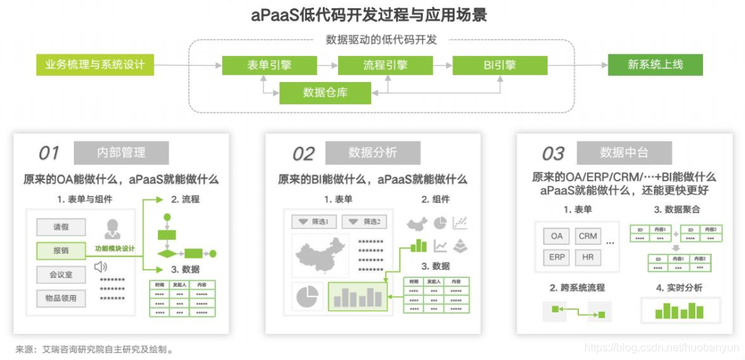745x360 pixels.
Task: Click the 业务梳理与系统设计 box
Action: pyautogui.click(x=95, y=65)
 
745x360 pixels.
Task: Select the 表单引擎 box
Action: pyautogui.click(x=269, y=66)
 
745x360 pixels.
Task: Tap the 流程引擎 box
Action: pyautogui.click(x=385, y=66)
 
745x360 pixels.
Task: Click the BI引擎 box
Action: pyautogui.click(x=500, y=66)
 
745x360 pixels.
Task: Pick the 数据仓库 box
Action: pyautogui.click(x=325, y=92)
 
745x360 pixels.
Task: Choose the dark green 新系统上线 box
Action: pyautogui.click(x=655, y=65)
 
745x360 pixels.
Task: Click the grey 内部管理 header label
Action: pyautogui.click(x=121, y=152)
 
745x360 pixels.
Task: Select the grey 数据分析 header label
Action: pyautogui.click(x=372, y=152)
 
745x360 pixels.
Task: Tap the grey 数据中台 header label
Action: pyautogui.click(x=624, y=152)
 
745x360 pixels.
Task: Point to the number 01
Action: pyautogui.click(x=49, y=152)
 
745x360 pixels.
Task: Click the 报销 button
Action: pyautogui.click(x=61, y=250)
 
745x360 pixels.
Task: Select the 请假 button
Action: pyautogui.click(x=61, y=227)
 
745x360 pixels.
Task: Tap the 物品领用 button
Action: pyautogui.click(x=61, y=299)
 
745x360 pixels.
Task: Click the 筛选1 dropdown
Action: pyautogui.click(x=314, y=222)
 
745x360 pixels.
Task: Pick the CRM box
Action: pyautogui.click(x=588, y=236)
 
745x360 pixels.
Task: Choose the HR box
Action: pyautogui.click(x=588, y=257)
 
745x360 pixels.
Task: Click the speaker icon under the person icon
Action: pyautogui.click(x=101, y=266)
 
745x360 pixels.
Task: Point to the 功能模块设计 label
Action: pyautogui.click(x=115, y=249)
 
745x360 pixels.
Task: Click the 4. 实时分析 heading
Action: pyautogui.click(x=679, y=288)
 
